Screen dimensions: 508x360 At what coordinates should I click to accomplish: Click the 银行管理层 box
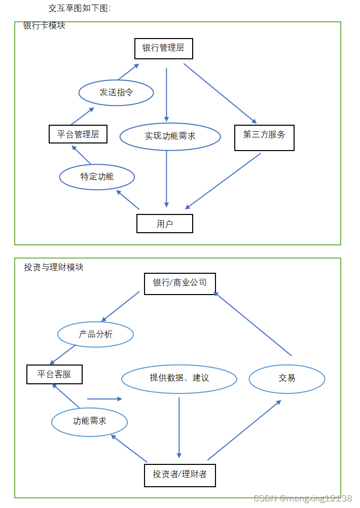[163, 49]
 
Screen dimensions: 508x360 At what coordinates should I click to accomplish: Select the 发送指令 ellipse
[116, 93]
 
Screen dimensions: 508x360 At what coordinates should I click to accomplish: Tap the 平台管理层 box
[78, 134]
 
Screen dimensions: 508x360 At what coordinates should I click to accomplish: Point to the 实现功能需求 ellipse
[170, 136]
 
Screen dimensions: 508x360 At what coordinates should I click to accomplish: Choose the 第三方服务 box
[264, 135]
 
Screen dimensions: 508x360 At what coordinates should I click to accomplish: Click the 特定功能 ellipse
[97, 177]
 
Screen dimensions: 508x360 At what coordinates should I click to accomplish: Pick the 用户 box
[165, 224]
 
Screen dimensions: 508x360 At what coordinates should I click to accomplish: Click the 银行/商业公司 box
[180, 283]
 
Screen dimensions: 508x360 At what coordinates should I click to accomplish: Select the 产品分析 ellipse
[96, 335]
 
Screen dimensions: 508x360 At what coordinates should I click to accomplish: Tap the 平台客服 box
[54, 375]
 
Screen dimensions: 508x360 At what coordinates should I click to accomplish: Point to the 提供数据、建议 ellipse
[179, 378]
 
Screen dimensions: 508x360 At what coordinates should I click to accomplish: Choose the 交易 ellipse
[287, 378]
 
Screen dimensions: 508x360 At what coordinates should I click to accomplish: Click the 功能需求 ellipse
[90, 421]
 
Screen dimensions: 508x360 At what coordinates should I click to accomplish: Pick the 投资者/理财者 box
[180, 475]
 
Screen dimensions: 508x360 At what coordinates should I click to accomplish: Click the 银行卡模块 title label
[45, 26]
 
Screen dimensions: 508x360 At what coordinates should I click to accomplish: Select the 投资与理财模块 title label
[54, 267]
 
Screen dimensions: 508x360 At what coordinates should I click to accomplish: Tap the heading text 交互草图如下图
[80, 8]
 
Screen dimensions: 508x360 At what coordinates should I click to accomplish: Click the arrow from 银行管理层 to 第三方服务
[220, 93]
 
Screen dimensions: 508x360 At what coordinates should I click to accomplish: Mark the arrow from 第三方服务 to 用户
[223, 181]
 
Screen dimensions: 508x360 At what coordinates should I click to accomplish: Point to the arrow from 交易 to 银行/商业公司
[253, 324]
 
